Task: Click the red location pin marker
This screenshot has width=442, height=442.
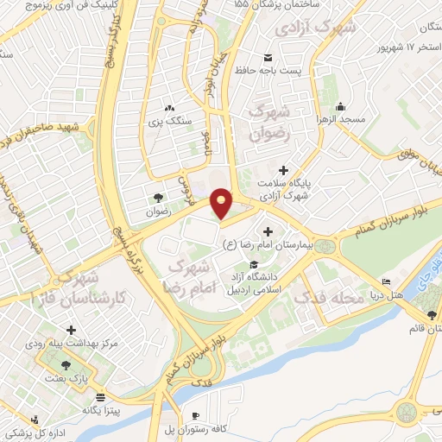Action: click(222, 202)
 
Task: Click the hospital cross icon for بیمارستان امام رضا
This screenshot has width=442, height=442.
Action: click(268, 231)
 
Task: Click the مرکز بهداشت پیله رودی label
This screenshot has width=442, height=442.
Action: click(72, 344)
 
